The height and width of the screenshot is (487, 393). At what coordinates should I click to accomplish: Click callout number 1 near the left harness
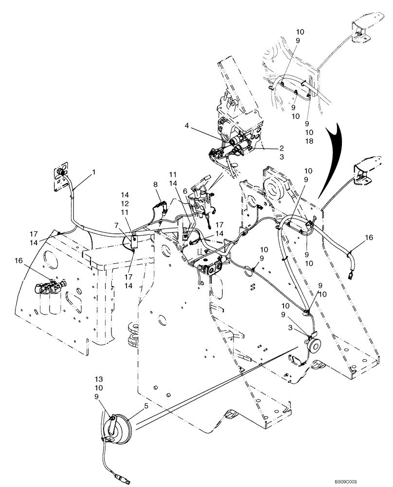94,172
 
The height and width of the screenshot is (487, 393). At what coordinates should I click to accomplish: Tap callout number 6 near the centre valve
185,191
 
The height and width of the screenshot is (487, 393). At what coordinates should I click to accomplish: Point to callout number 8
155,185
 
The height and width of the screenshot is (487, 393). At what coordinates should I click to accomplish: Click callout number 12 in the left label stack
125,203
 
